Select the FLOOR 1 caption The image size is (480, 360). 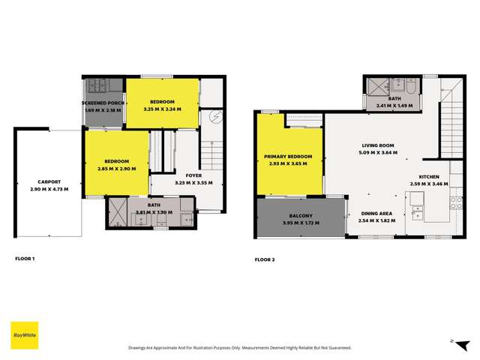point(25,259)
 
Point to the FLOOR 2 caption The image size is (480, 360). point(265,259)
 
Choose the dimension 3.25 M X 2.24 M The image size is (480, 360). point(163,109)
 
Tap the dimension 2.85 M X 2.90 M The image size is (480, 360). point(116,167)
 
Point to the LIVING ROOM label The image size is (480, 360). point(379,145)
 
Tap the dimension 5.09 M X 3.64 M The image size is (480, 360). point(379,152)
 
